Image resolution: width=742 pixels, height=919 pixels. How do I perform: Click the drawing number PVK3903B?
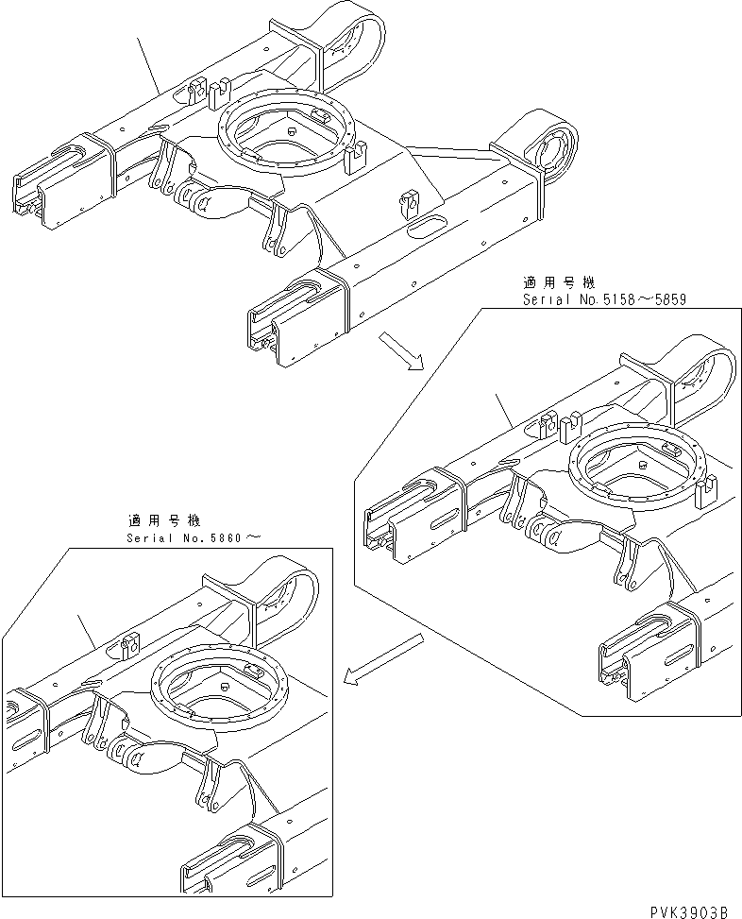[x=688, y=910]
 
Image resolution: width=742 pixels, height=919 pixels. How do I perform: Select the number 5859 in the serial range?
[x=666, y=299]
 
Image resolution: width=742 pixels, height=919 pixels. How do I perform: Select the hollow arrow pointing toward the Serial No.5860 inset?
[x=382, y=658]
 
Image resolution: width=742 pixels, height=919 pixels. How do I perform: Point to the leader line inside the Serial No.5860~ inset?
[x=87, y=630]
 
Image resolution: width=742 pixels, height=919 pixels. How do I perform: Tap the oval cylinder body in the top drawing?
[x=226, y=201]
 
